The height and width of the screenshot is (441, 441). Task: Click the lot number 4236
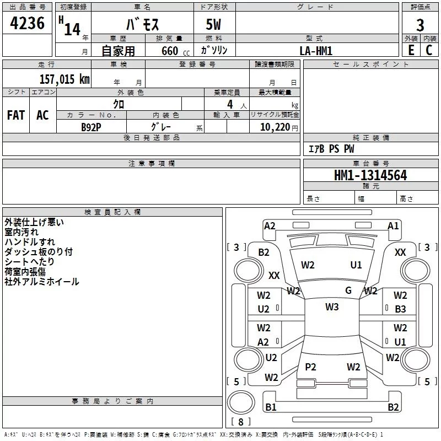click(x=28, y=24)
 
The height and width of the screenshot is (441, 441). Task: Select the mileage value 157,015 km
click(x=64, y=79)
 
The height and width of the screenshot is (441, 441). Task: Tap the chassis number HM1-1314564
click(x=370, y=175)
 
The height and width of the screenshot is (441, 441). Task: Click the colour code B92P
click(x=91, y=127)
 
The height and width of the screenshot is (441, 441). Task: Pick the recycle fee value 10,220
click(x=274, y=127)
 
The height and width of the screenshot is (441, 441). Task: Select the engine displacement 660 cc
click(x=166, y=51)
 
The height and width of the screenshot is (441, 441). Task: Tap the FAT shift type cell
click(x=16, y=115)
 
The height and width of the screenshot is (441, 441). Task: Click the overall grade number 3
click(x=420, y=25)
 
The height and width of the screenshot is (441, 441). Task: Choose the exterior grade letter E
click(x=411, y=50)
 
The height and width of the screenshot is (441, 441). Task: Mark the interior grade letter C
click(x=429, y=50)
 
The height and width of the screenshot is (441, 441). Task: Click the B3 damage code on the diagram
click(x=400, y=309)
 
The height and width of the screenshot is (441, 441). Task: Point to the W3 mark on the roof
click(x=332, y=307)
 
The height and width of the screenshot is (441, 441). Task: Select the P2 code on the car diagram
click(x=311, y=367)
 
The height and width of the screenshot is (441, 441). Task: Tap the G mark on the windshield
click(x=348, y=291)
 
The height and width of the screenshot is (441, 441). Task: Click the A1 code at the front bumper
click(x=393, y=225)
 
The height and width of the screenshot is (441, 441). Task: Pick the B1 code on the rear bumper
click(x=271, y=407)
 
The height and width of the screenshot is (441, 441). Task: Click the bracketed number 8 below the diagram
click(x=240, y=422)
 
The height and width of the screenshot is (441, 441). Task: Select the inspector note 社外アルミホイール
click(x=42, y=282)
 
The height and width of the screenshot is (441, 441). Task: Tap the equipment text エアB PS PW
click(x=331, y=149)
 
